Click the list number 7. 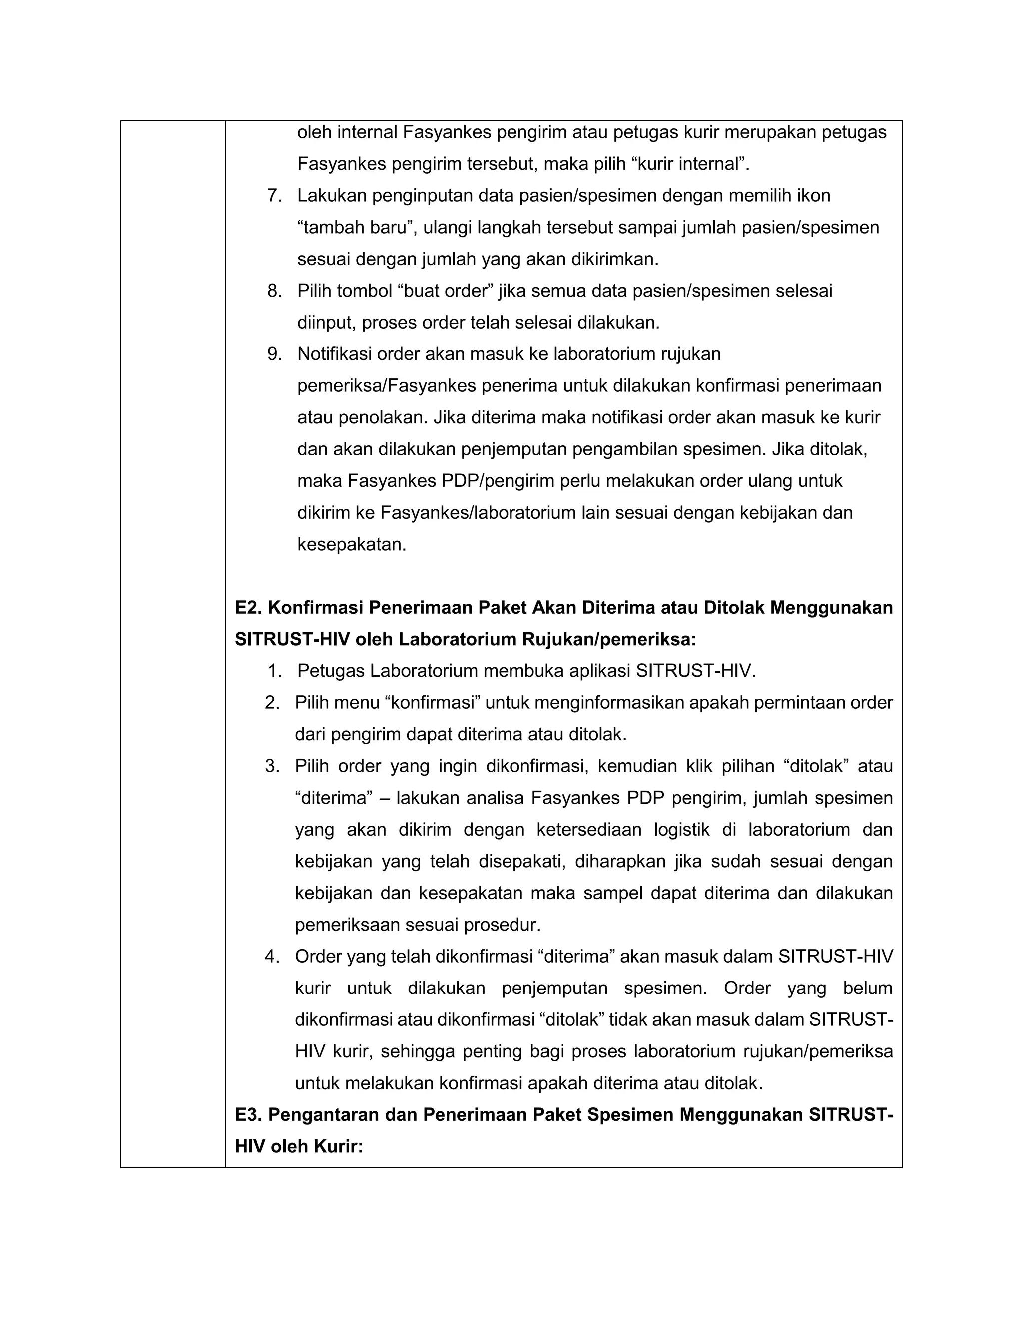click(x=274, y=196)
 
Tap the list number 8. click(x=274, y=291)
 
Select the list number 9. click(x=274, y=354)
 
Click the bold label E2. click(x=248, y=608)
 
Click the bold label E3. click(x=248, y=1115)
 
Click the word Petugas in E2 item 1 click(x=331, y=671)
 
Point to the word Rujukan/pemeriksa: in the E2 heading click(x=610, y=639)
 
